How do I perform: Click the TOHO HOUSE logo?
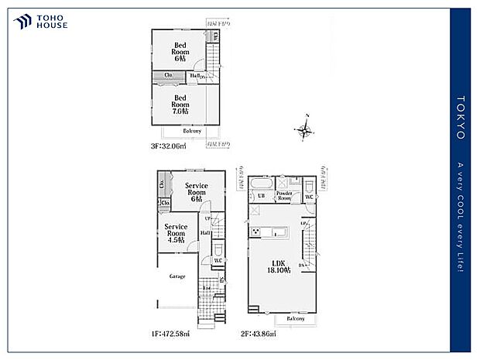pos(40,22)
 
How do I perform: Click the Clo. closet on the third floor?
pos(167,75)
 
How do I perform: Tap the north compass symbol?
pos(305,130)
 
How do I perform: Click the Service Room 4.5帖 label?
pos(176,233)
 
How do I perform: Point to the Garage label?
pos(177,276)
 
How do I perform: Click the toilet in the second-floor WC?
pos(309,186)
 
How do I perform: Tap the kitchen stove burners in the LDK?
pos(255,231)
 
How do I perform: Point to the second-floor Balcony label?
pos(296,318)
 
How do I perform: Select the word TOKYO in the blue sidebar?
pos(461,118)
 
